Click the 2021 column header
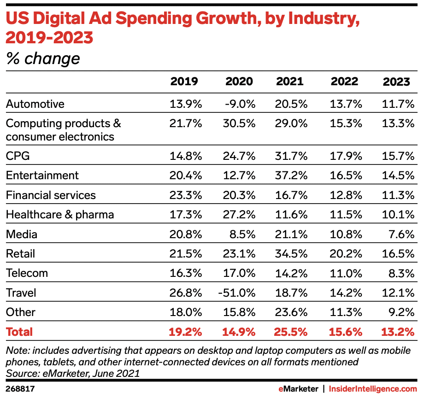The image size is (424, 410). coord(290,82)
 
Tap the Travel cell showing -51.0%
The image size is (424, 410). coord(237,293)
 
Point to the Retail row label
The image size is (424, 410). coord(20,254)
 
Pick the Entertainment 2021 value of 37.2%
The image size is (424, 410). coord(291,176)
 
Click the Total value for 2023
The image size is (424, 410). coord(398,332)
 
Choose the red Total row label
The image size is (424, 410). coord(19,332)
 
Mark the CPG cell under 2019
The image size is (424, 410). coord(186,156)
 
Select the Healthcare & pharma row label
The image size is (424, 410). coord(60,215)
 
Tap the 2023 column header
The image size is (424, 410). coord(396,82)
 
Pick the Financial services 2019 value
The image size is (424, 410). coord(186,195)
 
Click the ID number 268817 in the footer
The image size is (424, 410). coord(20,389)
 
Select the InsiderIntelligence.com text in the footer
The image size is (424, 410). coord(373,389)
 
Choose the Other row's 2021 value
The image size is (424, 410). coord(291,312)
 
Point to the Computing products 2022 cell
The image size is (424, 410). coord(344,123)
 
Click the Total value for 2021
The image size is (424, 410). coord(291,332)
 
